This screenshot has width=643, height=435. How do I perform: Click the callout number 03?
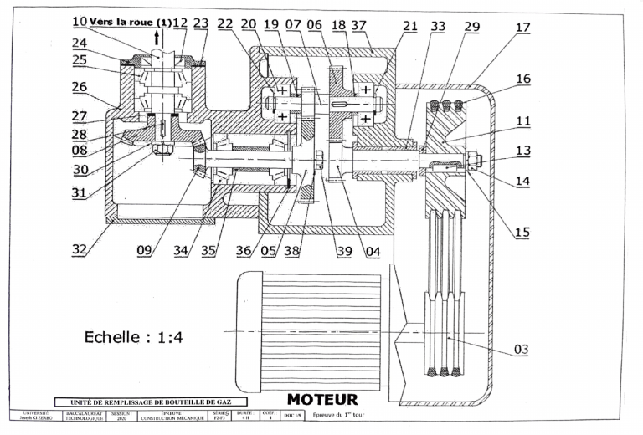point(522,349)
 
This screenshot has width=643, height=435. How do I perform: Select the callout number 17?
point(522,28)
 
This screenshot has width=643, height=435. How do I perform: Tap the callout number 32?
point(81,248)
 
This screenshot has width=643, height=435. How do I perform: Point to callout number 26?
point(79,85)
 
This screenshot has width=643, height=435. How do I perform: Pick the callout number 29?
point(471,28)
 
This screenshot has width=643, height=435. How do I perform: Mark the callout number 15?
point(522,233)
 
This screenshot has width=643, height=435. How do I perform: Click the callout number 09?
point(144,248)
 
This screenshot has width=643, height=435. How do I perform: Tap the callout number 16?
point(522,79)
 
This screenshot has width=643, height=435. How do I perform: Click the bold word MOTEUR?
point(322,400)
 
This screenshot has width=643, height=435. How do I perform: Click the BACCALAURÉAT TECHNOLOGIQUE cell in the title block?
point(82,416)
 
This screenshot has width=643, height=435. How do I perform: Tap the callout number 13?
point(522,151)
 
